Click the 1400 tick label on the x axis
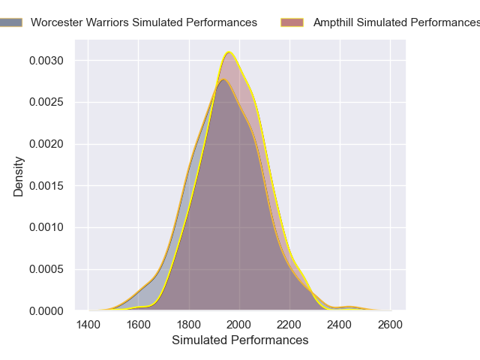click(x=88, y=325)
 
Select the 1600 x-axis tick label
click(x=139, y=325)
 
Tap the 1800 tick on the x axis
click(x=189, y=325)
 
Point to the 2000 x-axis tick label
click(x=239, y=325)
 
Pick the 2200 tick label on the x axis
click(x=290, y=325)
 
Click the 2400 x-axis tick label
click(x=340, y=325)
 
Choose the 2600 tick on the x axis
click(x=391, y=325)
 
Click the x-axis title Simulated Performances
click(x=240, y=340)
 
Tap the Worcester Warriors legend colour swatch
click(x=10, y=22)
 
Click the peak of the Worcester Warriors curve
click(x=222, y=79)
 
